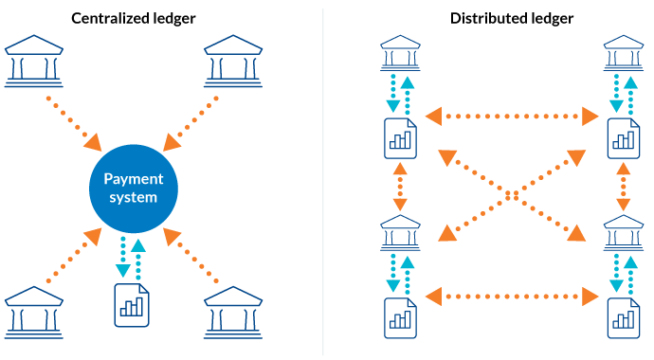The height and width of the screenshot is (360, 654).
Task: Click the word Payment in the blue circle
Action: (x=133, y=178)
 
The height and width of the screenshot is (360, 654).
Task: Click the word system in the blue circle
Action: (x=133, y=198)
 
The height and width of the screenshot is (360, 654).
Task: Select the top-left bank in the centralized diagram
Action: (x=33, y=61)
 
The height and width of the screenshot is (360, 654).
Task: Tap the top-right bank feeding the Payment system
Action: (x=233, y=61)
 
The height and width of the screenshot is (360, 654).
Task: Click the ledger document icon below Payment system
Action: (x=132, y=305)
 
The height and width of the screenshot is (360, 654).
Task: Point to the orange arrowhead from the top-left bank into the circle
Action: (x=93, y=142)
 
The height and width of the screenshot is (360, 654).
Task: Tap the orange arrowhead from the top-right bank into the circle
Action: (x=173, y=142)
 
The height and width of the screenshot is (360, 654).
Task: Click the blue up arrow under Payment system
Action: (x=139, y=248)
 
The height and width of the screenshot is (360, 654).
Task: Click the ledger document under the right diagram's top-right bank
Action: (x=623, y=138)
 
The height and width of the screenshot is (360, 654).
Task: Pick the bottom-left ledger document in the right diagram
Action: (x=400, y=317)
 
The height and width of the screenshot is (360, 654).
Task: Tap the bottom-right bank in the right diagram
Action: (x=623, y=232)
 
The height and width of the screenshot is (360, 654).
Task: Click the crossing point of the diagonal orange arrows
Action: (x=512, y=194)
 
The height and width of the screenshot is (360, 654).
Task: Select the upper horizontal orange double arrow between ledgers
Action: (x=512, y=117)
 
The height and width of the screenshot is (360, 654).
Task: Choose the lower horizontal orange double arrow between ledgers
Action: (x=512, y=297)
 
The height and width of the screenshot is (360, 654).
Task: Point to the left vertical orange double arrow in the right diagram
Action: (x=400, y=186)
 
